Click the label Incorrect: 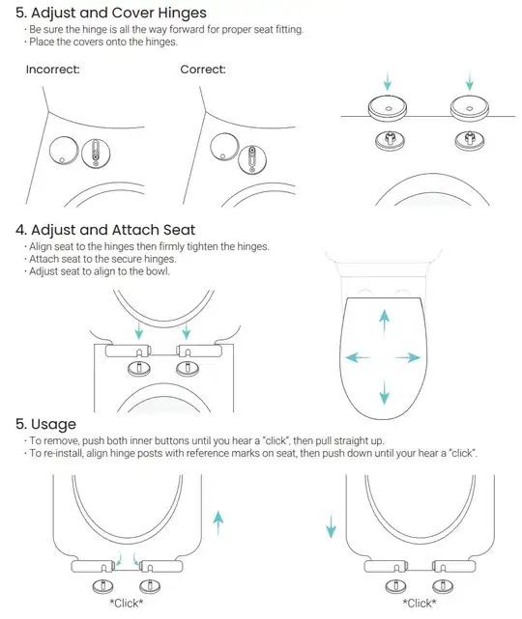pos(52,70)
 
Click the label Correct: pos(203,70)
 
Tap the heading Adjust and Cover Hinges pos(119,13)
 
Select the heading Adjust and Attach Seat pos(113,230)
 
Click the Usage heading pos(53,424)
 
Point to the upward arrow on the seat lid pos(384,323)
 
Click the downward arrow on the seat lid pos(384,392)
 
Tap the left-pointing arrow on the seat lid pos(358,357)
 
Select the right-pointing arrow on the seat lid pos(408,357)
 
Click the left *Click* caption pos(127,604)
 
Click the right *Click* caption pos(420,604)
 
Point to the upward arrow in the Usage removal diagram pos(218,523)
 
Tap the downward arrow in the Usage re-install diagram pos(331,526)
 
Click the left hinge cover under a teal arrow pos(388,108)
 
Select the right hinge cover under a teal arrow pos(470,108)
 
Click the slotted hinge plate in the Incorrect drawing pos(96,153)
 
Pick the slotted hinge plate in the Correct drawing pos(252,159)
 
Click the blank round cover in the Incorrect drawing pos(64,150)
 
